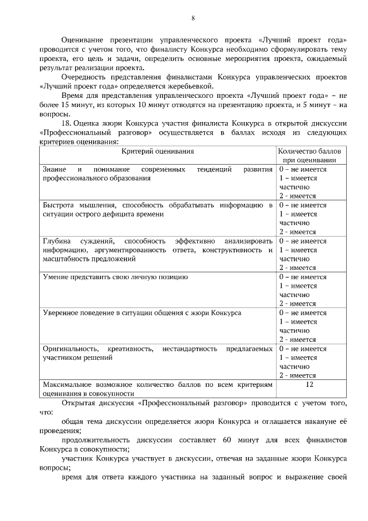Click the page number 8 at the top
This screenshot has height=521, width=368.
193,17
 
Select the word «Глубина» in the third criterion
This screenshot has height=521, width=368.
56,241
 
